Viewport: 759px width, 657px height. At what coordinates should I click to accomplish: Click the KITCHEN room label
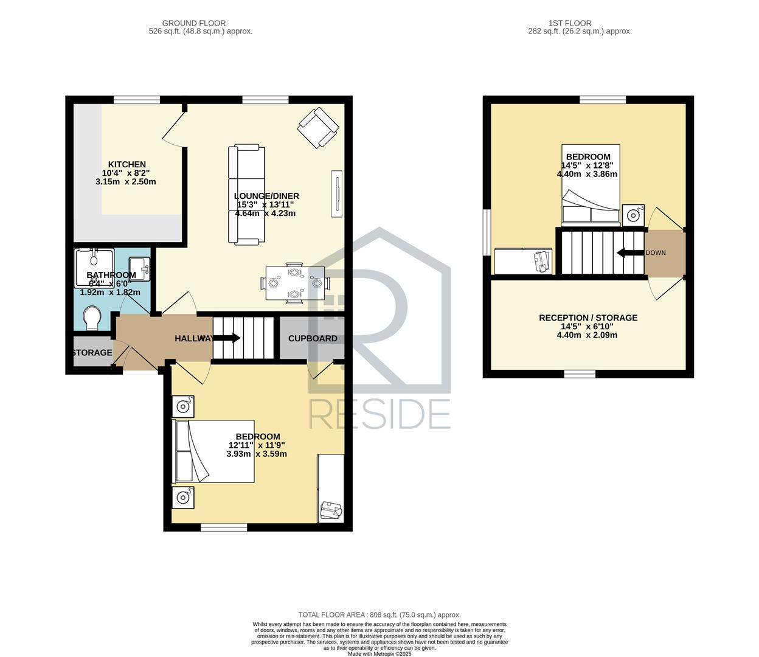126,164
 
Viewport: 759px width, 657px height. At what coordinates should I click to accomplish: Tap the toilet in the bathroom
92,318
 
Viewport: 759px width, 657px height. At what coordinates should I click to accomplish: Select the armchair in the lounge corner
318,128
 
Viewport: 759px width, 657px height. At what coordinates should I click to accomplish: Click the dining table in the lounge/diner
295,283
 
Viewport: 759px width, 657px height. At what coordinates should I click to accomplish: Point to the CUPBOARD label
313,339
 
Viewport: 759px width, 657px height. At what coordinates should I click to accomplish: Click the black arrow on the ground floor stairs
227,338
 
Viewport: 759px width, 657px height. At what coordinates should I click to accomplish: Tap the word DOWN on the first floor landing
656,253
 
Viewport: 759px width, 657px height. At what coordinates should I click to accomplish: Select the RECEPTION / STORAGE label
588,318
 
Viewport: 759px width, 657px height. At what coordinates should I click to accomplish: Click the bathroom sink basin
139,269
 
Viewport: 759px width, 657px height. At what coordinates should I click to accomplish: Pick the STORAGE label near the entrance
92,353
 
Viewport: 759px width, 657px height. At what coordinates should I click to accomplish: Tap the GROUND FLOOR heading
194,23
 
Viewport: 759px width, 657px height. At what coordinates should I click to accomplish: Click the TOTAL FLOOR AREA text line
379,615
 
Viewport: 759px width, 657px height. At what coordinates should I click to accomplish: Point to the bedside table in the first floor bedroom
633,215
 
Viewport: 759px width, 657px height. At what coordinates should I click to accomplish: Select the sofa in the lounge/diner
247,195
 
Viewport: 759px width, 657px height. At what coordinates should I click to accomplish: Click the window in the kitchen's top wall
137,100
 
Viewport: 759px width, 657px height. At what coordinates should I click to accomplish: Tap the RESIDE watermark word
379,414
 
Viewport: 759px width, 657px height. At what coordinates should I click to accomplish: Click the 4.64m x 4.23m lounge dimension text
265,214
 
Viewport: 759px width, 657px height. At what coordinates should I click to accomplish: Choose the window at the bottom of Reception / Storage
580,374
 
